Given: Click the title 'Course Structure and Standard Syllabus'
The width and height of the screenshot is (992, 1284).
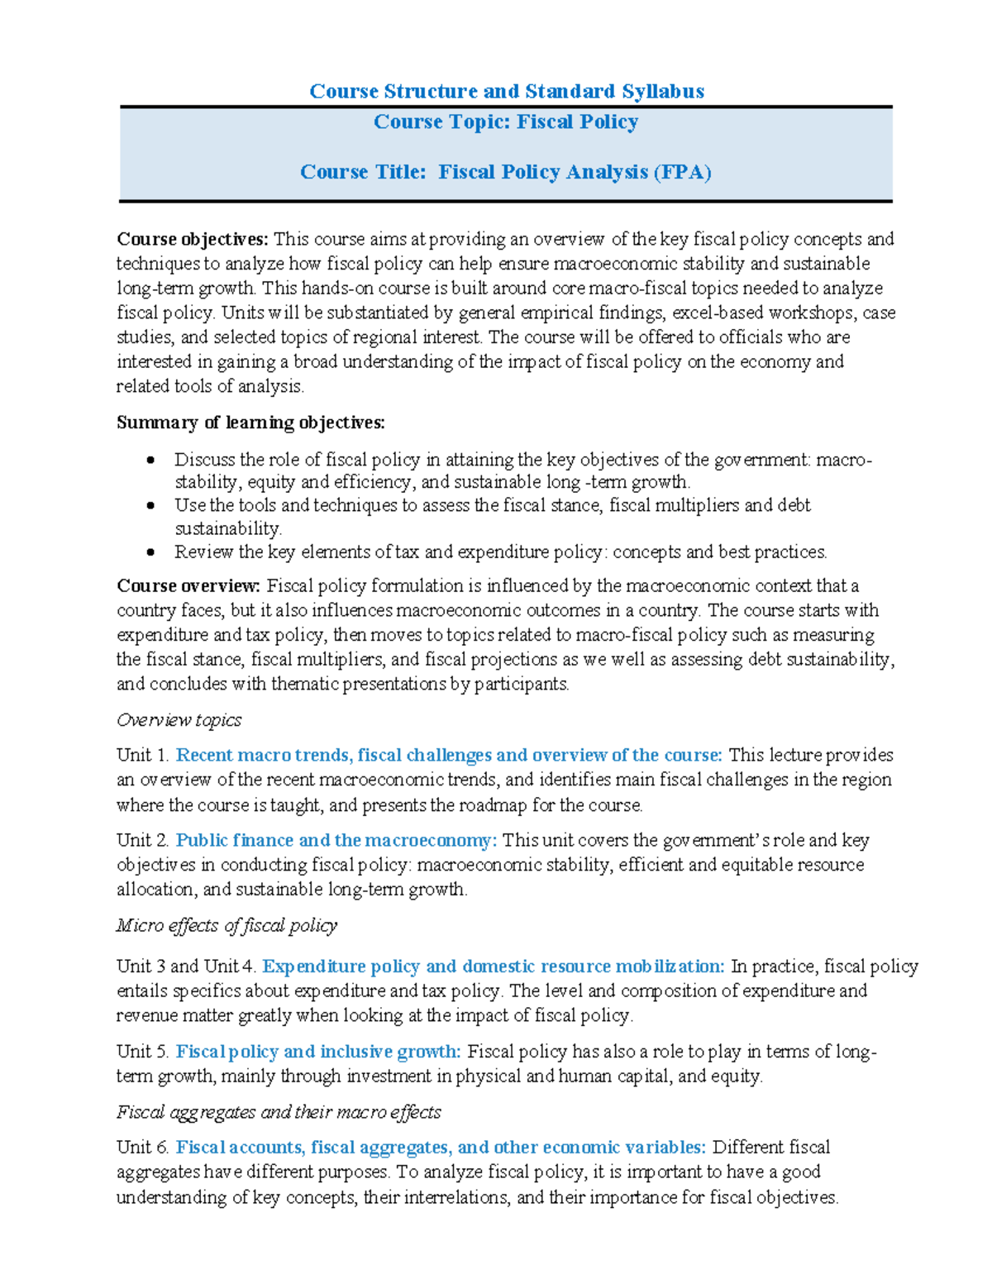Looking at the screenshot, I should click(506, 91).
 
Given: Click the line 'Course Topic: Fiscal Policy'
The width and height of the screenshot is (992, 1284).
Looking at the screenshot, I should click(506, 122).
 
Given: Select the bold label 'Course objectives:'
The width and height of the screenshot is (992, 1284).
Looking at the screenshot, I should click(193, 240).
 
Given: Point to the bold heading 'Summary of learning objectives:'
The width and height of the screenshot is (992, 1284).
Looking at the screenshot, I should click(250, 423).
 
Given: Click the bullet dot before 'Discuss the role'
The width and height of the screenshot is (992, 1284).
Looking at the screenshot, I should click(150, 461).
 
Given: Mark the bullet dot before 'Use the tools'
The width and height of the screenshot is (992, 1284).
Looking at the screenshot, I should click(150, 506).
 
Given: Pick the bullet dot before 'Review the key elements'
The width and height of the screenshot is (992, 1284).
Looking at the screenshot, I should click(150, 552).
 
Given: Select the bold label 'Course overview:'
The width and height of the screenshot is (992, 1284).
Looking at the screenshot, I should click(188, 586).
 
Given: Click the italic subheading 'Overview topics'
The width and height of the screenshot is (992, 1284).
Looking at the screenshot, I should click(179, 721).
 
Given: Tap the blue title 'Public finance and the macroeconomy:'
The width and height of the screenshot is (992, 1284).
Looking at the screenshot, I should click(336, 841).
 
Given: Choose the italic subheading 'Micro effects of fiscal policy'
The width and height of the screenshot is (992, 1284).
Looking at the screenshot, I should click(227, 926).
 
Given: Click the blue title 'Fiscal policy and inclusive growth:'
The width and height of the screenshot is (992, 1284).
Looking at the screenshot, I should click(318, 1052).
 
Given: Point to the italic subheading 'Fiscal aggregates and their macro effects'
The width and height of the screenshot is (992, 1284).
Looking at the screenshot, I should click(279, 1113).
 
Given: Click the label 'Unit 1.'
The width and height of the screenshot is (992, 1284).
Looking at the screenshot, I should click(143, 756).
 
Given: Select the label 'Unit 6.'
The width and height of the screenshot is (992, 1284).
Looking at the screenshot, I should click(143, 1148).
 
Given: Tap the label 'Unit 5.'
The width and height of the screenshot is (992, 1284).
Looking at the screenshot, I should click(143, 1052).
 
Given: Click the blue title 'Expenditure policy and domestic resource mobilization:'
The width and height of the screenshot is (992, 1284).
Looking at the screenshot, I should click(494, 967).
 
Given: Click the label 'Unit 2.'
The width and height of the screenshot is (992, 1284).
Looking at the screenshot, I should click(143, 841).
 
